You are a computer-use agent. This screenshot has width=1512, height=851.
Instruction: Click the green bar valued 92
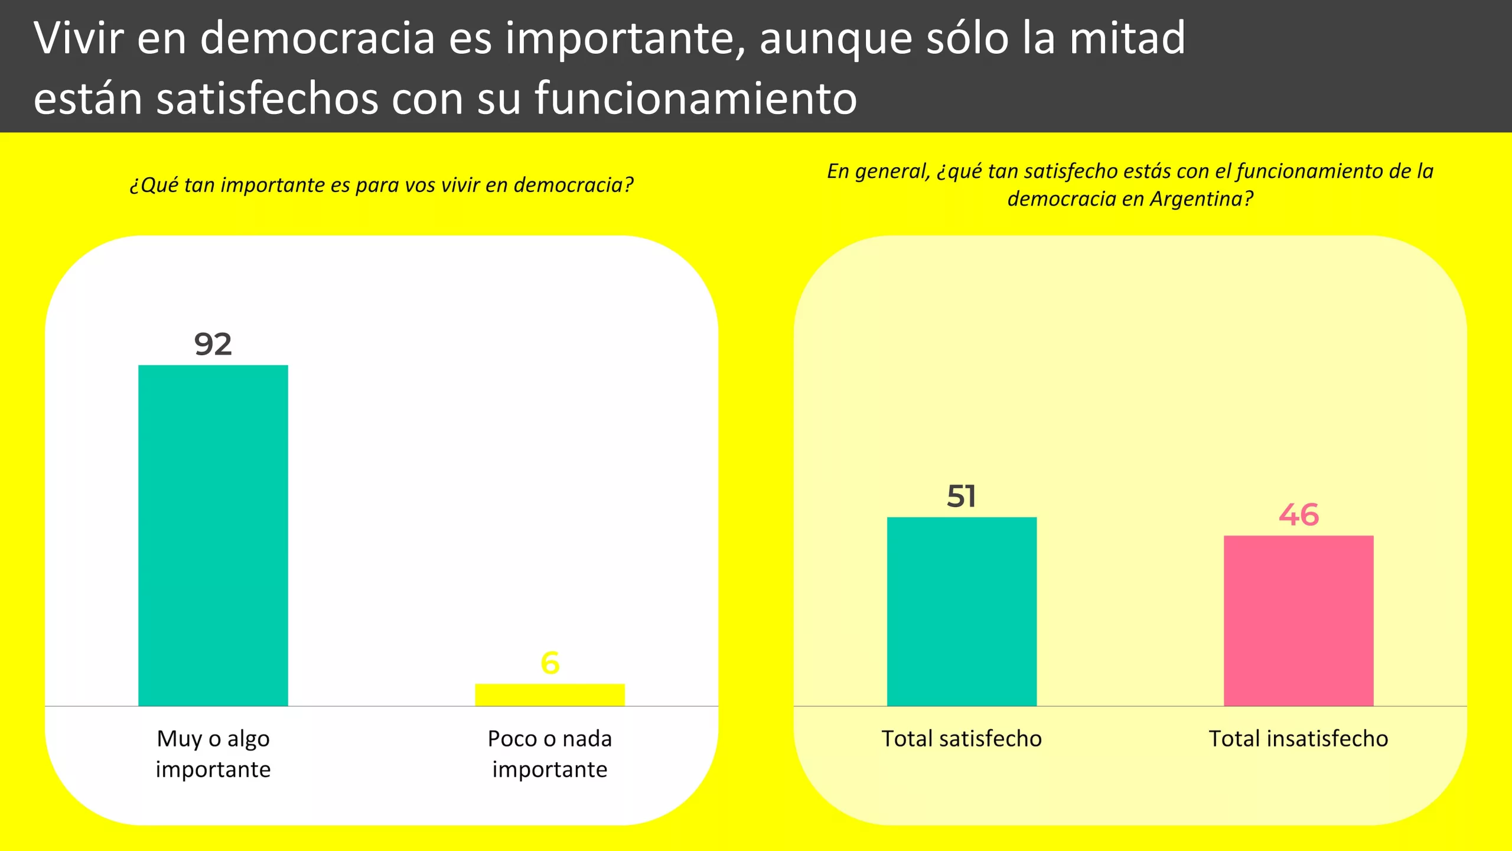pyautogui.click(x=213, y=535)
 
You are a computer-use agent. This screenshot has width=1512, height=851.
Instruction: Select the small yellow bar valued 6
pyautogui.click(x=549, y=694)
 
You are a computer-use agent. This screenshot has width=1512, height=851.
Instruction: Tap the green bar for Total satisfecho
pyautogui.click(x=962, y=611)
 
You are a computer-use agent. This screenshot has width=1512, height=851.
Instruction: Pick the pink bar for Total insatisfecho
pyautogui.click(x=1298, y=621)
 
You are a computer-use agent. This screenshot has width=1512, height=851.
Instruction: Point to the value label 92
pyautogui.click(x=213, y=344)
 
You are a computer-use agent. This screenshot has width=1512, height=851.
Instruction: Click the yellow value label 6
pyautogui.click(x=550, y=663)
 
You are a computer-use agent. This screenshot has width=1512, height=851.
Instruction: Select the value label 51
pyautogui.click(x=962, y=496)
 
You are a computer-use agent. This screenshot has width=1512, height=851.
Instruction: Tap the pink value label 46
pyautogui.click(x=1298, y=515)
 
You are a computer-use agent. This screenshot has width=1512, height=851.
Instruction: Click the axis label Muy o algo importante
pyautogui.click(x=213, y=753)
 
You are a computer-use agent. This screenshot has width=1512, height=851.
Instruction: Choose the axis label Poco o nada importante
pyautogui.click(x=549, y=753)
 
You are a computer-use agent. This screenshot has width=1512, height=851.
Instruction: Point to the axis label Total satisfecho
pyautogui.click(x=962, y=739)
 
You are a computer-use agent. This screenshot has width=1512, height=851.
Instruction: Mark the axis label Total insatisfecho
pyautogui.click(x=1298, y=739)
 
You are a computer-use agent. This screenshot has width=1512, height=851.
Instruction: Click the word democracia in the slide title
pyautogui.click(x=318, y=38)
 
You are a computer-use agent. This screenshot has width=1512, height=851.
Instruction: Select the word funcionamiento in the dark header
pyautogui.click(x=696, y=98)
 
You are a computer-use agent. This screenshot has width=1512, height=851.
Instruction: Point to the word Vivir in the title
pyautogui.click(x=79, y=38)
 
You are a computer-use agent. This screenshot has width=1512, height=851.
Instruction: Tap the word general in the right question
pyautogui.click(x=892, y=171)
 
